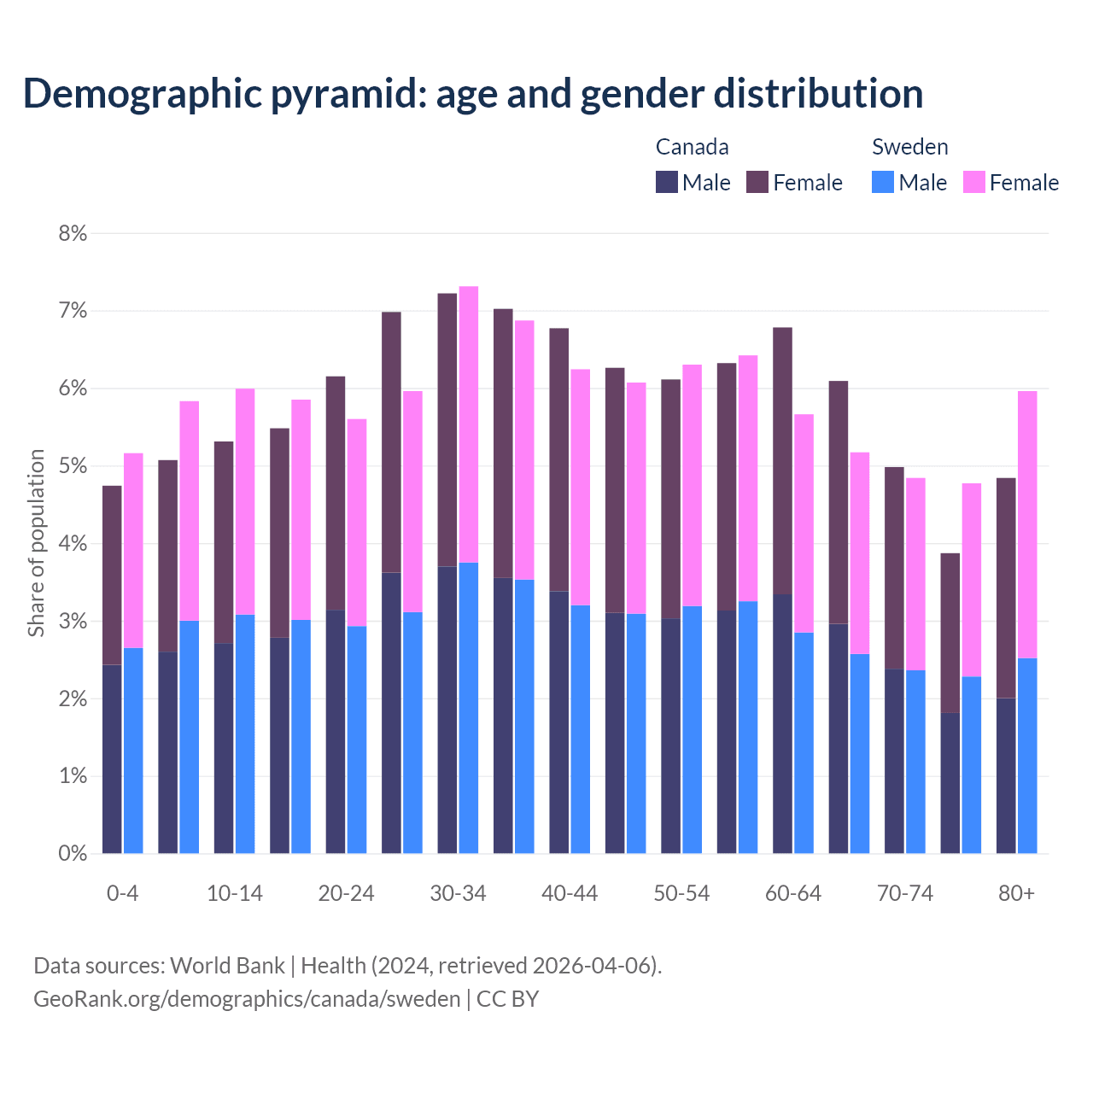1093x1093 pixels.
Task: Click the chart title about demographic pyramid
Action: (x=473, y=93)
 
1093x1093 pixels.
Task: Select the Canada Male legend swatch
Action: (x=667, y=182)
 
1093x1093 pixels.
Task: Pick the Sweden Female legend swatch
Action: (x=973, y=182)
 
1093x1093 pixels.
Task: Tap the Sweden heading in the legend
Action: (x=909, y=147)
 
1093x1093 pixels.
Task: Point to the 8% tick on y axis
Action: (x=73, y=233)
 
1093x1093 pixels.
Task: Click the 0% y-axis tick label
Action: (x=73, y=853)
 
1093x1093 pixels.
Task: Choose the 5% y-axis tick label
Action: (x=73, y=466)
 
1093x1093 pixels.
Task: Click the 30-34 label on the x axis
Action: (x=458, y=893)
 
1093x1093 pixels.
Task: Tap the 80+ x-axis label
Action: (x=1016, y=893)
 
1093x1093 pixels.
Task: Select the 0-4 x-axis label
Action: (x=122, y=893)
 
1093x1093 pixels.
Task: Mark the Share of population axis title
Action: (x=36, y=543)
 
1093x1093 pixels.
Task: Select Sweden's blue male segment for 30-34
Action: (x=469, y=708)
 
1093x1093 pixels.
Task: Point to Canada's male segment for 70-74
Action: (x=894, y=761)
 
